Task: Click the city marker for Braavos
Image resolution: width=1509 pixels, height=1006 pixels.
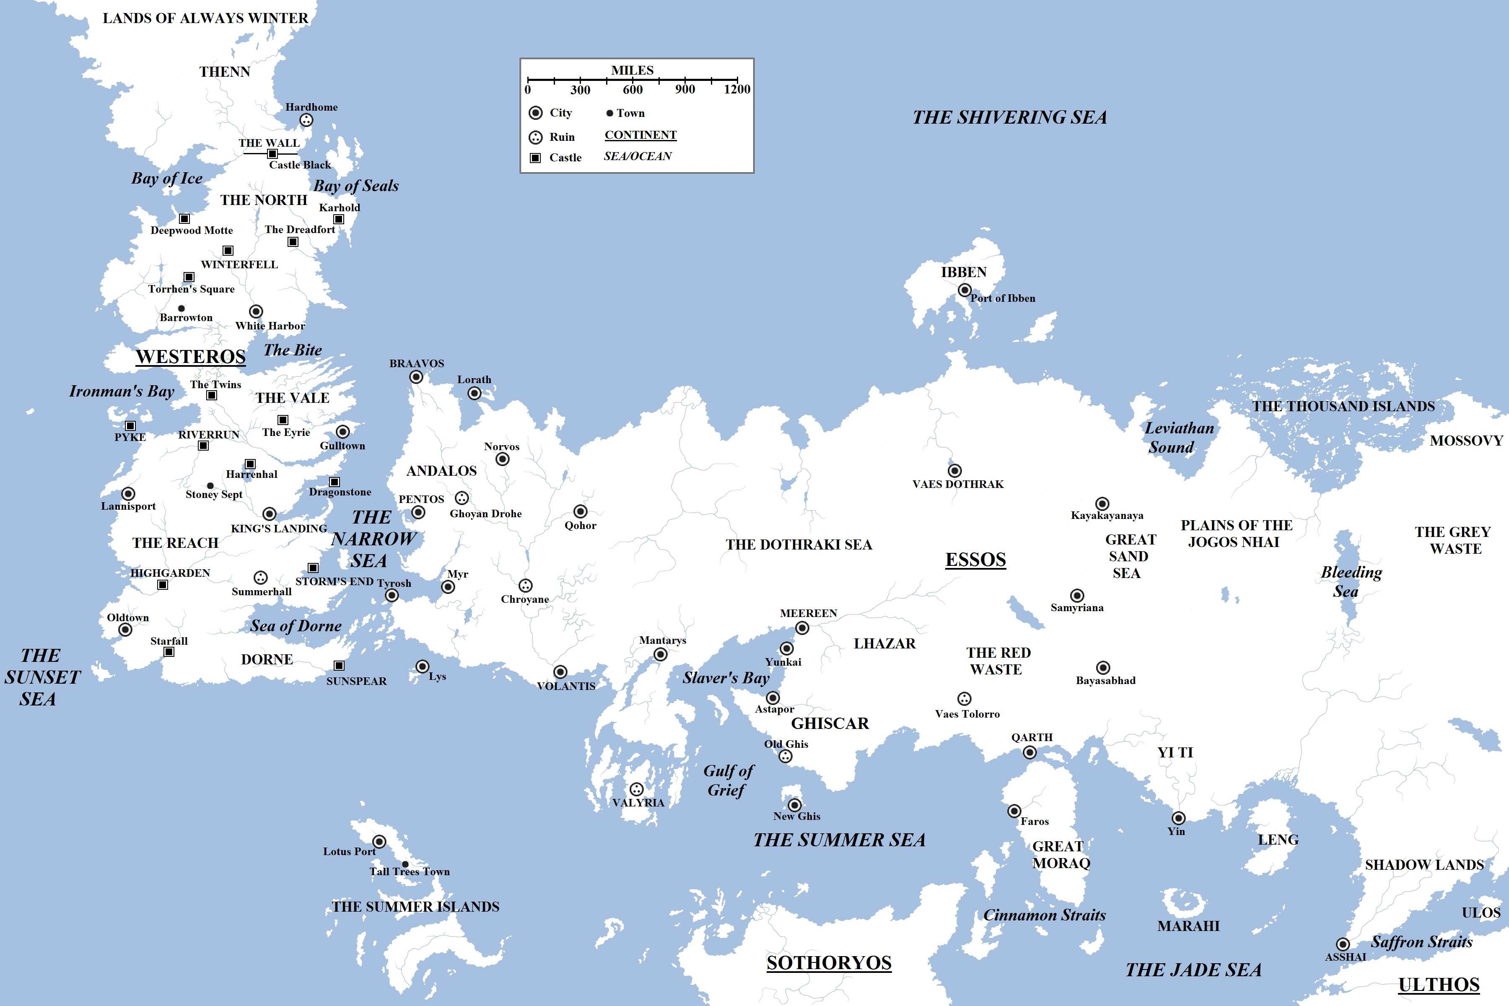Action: click(x=416, y=377)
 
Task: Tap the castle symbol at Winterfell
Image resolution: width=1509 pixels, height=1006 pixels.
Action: click(x=228, y=250)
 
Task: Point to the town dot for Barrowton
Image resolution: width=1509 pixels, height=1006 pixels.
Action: click(x=181, y=309)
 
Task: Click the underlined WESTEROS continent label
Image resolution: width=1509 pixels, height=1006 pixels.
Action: click(x=191, y=357)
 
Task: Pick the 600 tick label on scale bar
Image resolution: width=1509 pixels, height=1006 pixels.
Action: click(x=633, y=90)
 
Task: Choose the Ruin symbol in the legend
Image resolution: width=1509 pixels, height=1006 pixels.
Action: click(x=535, y=137)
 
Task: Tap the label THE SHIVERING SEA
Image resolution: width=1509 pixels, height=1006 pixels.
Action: click(x=1009, y=117)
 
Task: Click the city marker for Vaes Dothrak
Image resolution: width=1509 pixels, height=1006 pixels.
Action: click(x=955, y=471)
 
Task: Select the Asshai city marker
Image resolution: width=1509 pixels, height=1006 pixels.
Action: click(x=1343, y=944)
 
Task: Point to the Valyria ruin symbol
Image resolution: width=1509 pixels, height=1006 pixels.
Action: click(x=636, y=789)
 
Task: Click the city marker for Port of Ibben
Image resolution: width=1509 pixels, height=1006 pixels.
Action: click(x=965, y=290)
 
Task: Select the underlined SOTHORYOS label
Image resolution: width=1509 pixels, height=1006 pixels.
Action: click(x=829, y=962)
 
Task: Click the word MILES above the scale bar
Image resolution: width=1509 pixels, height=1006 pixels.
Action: click(x=632, y=70)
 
